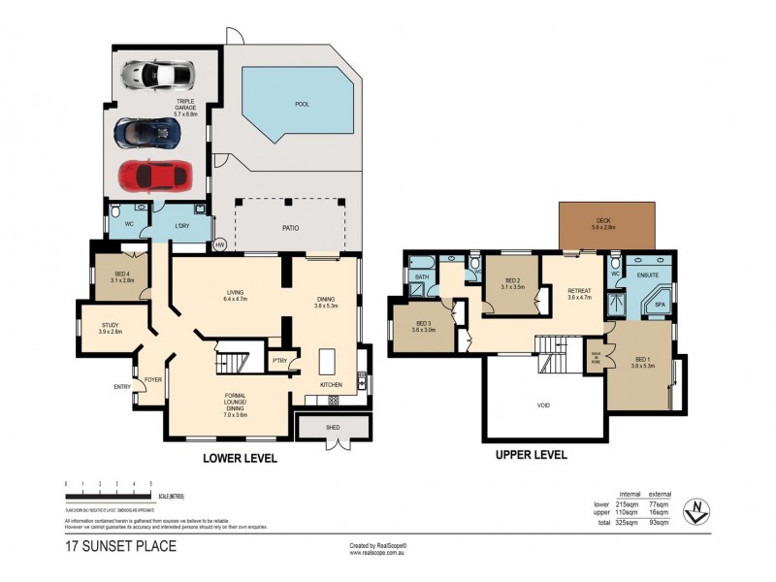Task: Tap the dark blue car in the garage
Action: (x=146, y=132)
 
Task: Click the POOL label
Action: (x=302, y=104)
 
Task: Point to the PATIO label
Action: (x=290, y=228)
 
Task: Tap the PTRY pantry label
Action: (x=279, y=362)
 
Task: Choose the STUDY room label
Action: (x=109, y=328)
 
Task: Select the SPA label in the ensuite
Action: (x=659, y=305)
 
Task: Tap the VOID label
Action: (x=543, y=404)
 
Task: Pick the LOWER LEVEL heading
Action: (x=239, y=458)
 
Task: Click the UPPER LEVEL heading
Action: (x=531, y=454)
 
